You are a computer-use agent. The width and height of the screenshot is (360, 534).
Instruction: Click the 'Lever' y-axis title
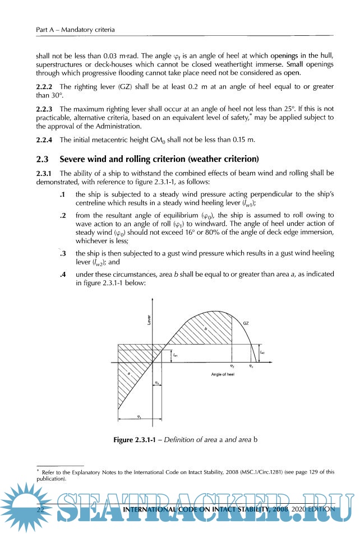coord(149,320)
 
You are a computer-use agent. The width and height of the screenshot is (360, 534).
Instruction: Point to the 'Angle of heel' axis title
coord(223,373)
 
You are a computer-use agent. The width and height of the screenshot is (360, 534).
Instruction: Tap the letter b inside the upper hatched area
coord(205,329)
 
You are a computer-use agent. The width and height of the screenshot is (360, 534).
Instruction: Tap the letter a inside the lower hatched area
coord(129,372)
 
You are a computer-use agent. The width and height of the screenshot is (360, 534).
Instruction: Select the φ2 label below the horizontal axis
coord(232,365)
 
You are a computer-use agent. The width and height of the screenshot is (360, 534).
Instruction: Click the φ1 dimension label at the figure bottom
coord(139,416)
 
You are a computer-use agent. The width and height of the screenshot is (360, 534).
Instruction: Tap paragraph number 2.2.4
coord(45,140)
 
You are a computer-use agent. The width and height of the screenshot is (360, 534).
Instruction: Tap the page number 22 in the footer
coord(40,509)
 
